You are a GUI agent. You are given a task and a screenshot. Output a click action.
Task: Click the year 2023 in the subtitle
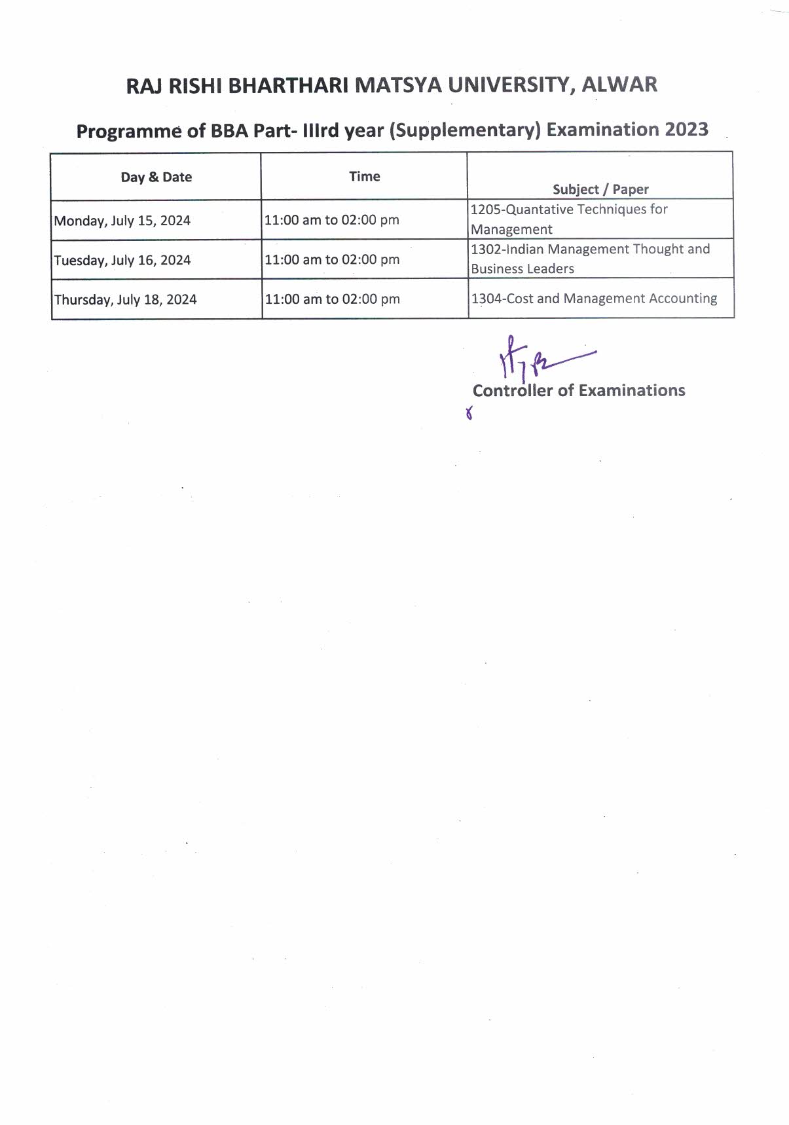pyautogui.click(x=686, y=129)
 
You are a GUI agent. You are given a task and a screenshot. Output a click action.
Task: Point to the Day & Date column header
pyautogui.click(x=156, y=177)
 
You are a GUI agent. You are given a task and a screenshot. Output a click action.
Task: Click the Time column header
pyautogui.click(x=364, y=176)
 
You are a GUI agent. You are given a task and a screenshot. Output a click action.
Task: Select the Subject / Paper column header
pyautogui.click(x=600, y=189)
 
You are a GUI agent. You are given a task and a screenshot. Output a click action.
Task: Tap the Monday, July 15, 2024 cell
pyautogui.click(x=122, y=221)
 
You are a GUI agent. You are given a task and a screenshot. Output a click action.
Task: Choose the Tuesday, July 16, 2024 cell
pyautogui.click(x=122, y=260)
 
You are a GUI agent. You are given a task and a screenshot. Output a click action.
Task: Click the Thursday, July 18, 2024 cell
pyautogui.click(x=125, y=300)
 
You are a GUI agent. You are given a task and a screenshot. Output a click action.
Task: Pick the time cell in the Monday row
pyautogui.click(x=331, y=220)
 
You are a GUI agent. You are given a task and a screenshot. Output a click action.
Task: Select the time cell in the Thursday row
pyautogui.click(x=332, y=299)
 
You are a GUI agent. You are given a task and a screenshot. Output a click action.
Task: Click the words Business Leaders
pyautogui.click(x=523, y=268)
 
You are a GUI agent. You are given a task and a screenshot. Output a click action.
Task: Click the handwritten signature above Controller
pyautogui.click(x=534, y=360)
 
